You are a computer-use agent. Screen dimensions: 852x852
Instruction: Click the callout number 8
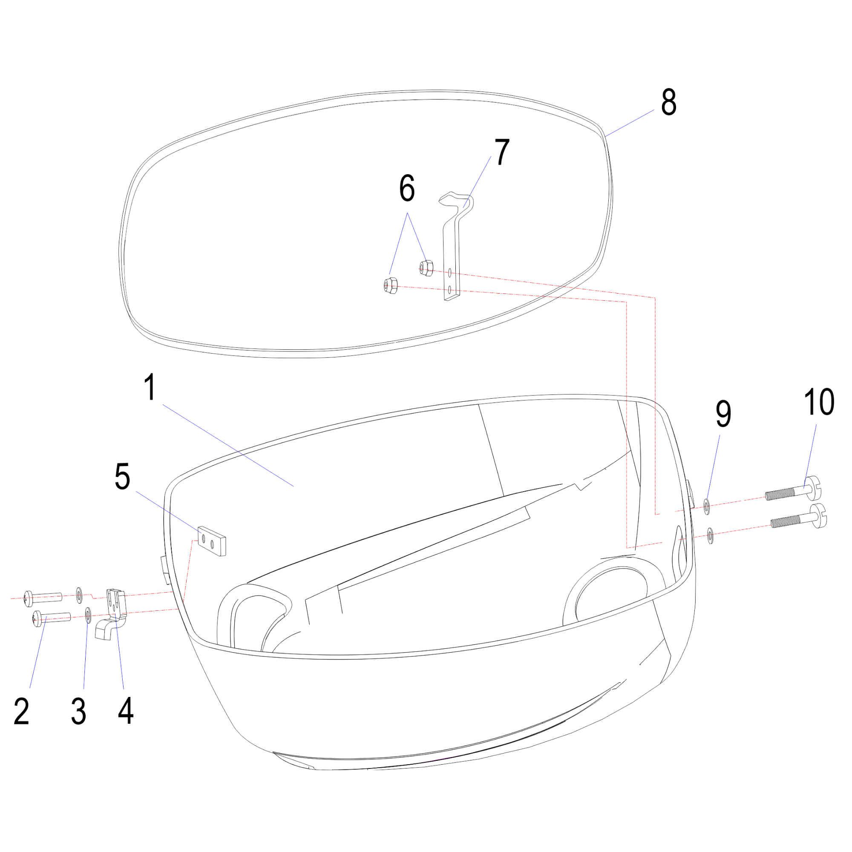pos(668,102)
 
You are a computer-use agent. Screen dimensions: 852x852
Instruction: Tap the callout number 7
pos(502,152)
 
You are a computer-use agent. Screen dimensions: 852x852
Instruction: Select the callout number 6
pos(406,188)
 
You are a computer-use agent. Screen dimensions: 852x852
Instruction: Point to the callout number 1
pos(150,387)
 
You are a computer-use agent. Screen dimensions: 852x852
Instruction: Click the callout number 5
pos(122,476)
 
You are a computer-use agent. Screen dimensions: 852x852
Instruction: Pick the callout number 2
pos(21,711)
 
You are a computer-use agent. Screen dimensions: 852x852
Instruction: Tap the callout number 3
pos(78,711)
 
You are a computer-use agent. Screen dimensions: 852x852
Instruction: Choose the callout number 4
pos(126,711)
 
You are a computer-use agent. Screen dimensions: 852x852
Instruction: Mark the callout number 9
pos(723,414)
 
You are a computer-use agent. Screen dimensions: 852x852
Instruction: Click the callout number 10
pos(819,402)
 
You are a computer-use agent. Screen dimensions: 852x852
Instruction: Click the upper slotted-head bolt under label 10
pos(793,489)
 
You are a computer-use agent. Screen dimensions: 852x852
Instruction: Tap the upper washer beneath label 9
pos(706,506)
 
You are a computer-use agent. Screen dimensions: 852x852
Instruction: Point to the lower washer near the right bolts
pos(710,535)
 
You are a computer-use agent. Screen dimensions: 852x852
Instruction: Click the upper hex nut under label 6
pos(426,268)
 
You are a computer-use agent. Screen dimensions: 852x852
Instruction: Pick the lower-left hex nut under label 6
pos(391,285)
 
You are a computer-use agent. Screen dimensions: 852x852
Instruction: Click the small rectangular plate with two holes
pos(212,541)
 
